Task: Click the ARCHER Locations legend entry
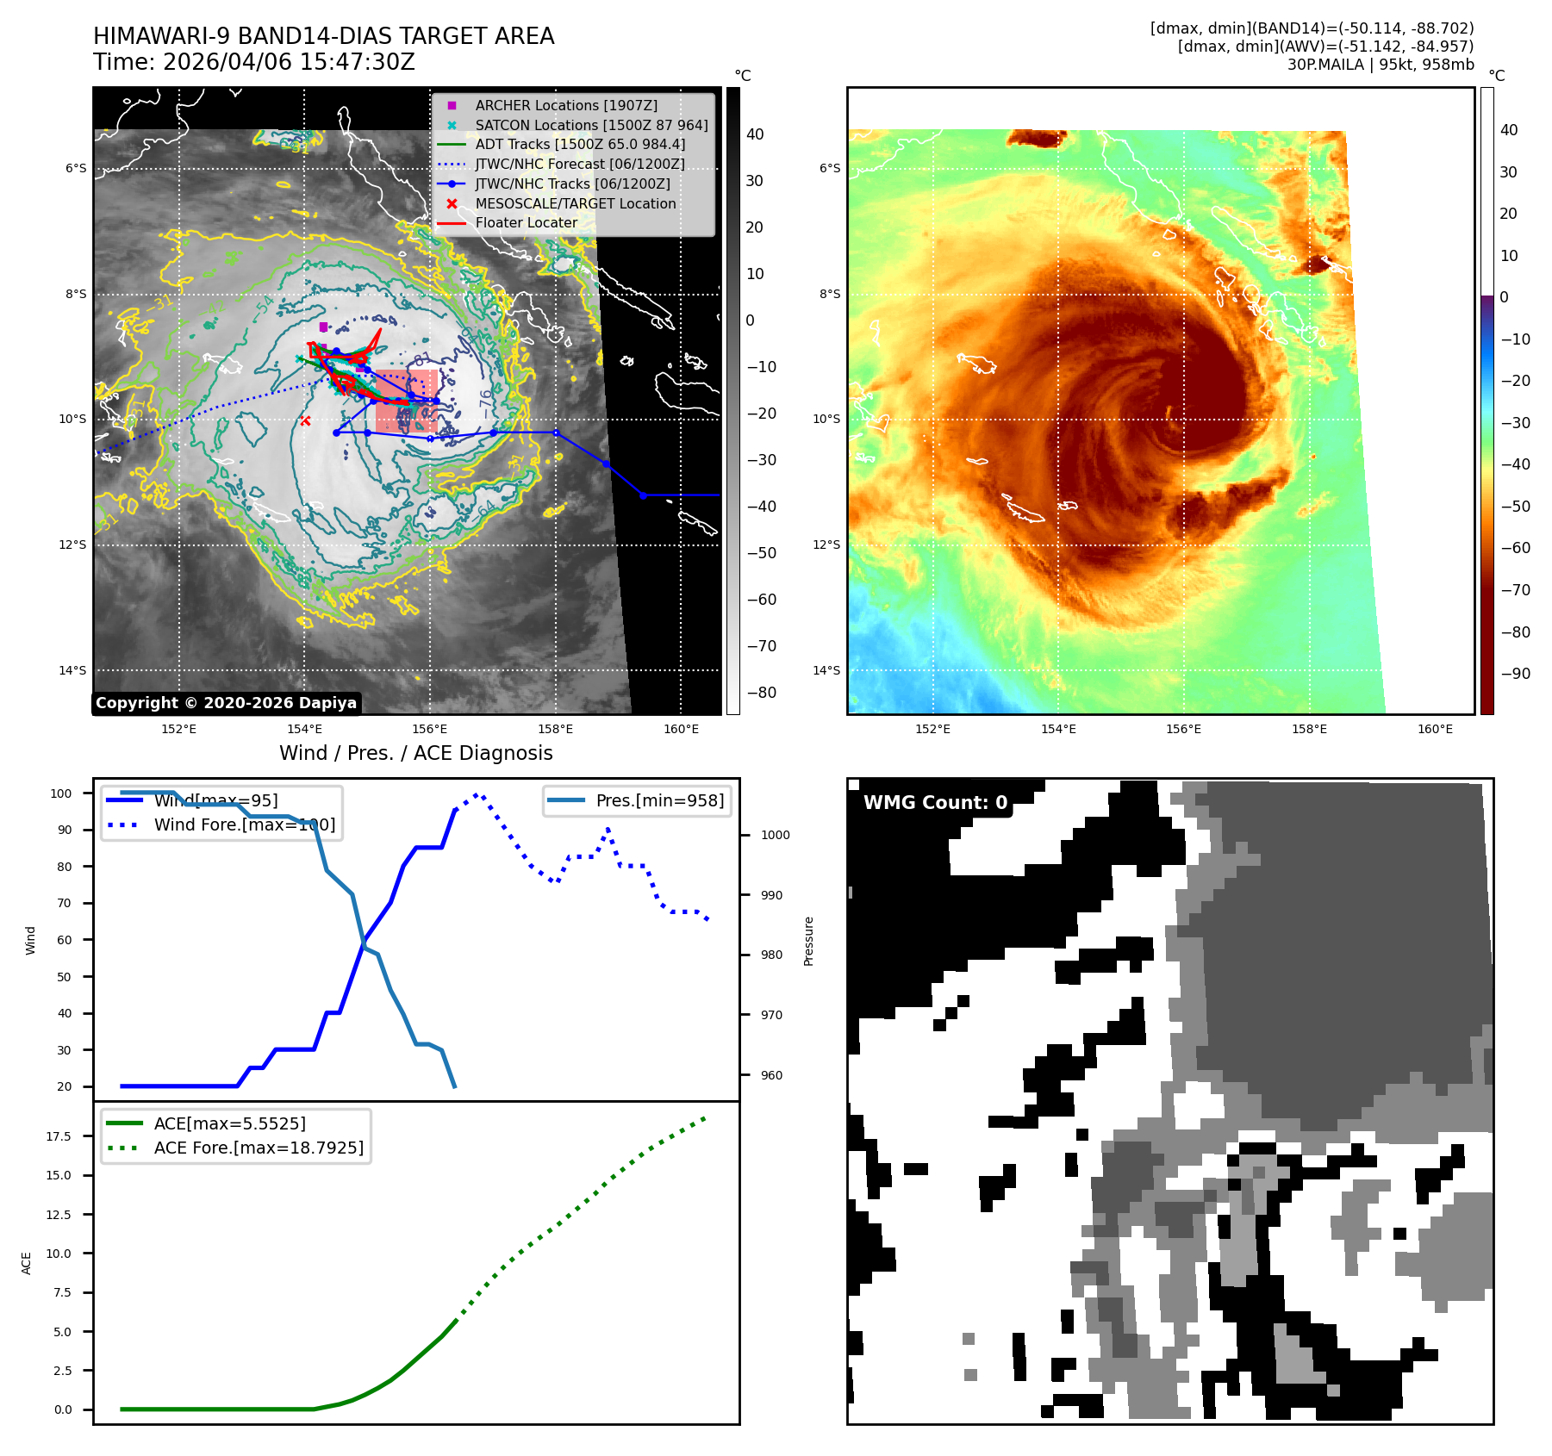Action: (x=565, y=105)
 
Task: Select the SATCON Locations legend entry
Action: (x=590, y=125)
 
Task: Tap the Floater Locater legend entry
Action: (x=526, y=222)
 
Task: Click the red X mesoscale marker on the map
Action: (x=305, y=420)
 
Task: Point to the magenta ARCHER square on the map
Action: (x=323, y=327)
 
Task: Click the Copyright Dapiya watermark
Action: (x=226, y=703)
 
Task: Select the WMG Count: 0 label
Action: (x=935, y=803)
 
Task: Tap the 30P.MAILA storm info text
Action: (x=1380, y=65)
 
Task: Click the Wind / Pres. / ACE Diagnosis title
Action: (x=415, y=753)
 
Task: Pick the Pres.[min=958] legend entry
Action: (x=659, y=800)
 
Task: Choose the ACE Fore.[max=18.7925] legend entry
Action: (x=258, y=1148)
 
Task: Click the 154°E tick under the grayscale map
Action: (x=304, y=729)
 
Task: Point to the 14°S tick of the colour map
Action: (x=826, y=670)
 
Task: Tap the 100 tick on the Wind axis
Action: (x=61, y=793)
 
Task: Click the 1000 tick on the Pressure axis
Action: (x=775, y=835)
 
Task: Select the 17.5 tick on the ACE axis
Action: (x=59, y=1136)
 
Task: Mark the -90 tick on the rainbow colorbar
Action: (x=1515, y=674)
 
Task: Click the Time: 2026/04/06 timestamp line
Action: (x=254, y=63)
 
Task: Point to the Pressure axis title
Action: (x=808, y=941)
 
